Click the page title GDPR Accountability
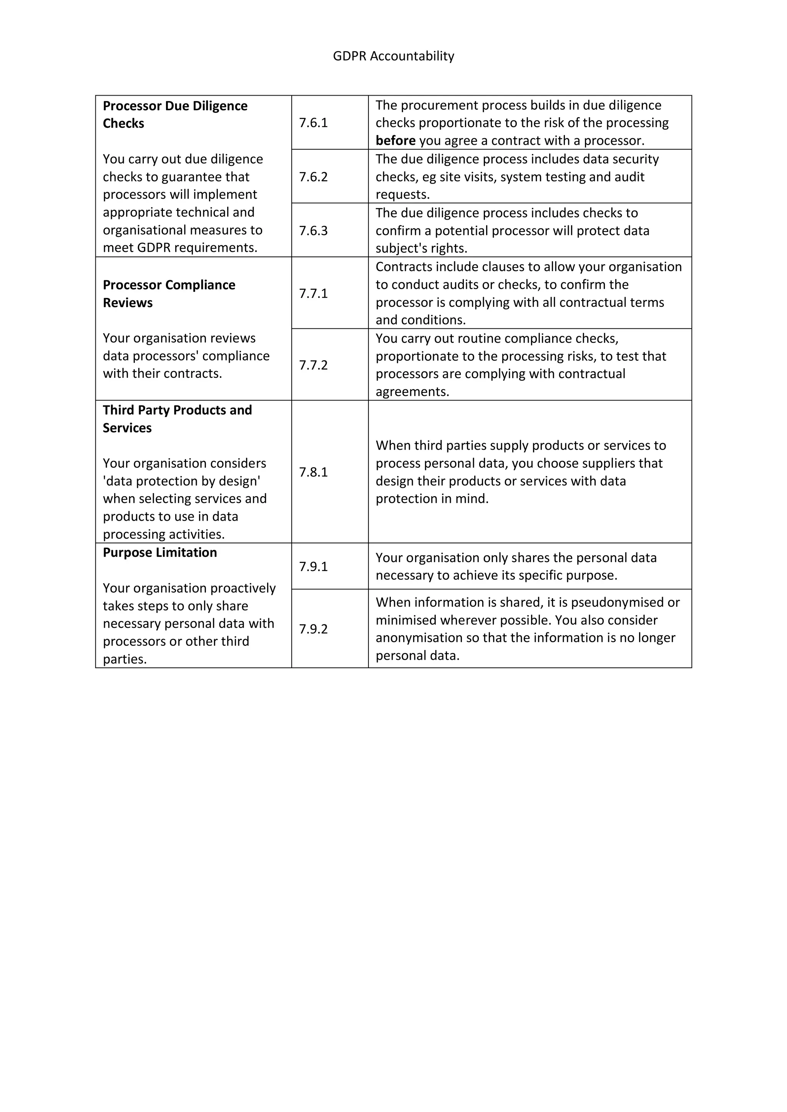(x=393, y=56)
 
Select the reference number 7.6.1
(x=313, y=122)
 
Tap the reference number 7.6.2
(x=313, y=177)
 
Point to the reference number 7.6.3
(x=313, y=230)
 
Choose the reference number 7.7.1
(x=313, y=293)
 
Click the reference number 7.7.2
(x=313, y=365)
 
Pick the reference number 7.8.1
(x=313, y=472)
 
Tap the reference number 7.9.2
(x=313, y=629)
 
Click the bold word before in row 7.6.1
(x=395, y=141)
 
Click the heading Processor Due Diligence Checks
(x=175, y=114)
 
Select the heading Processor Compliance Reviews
(x=169, y=293)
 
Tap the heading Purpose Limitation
(x=159, y=553)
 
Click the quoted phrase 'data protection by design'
(x=182, y=481)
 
